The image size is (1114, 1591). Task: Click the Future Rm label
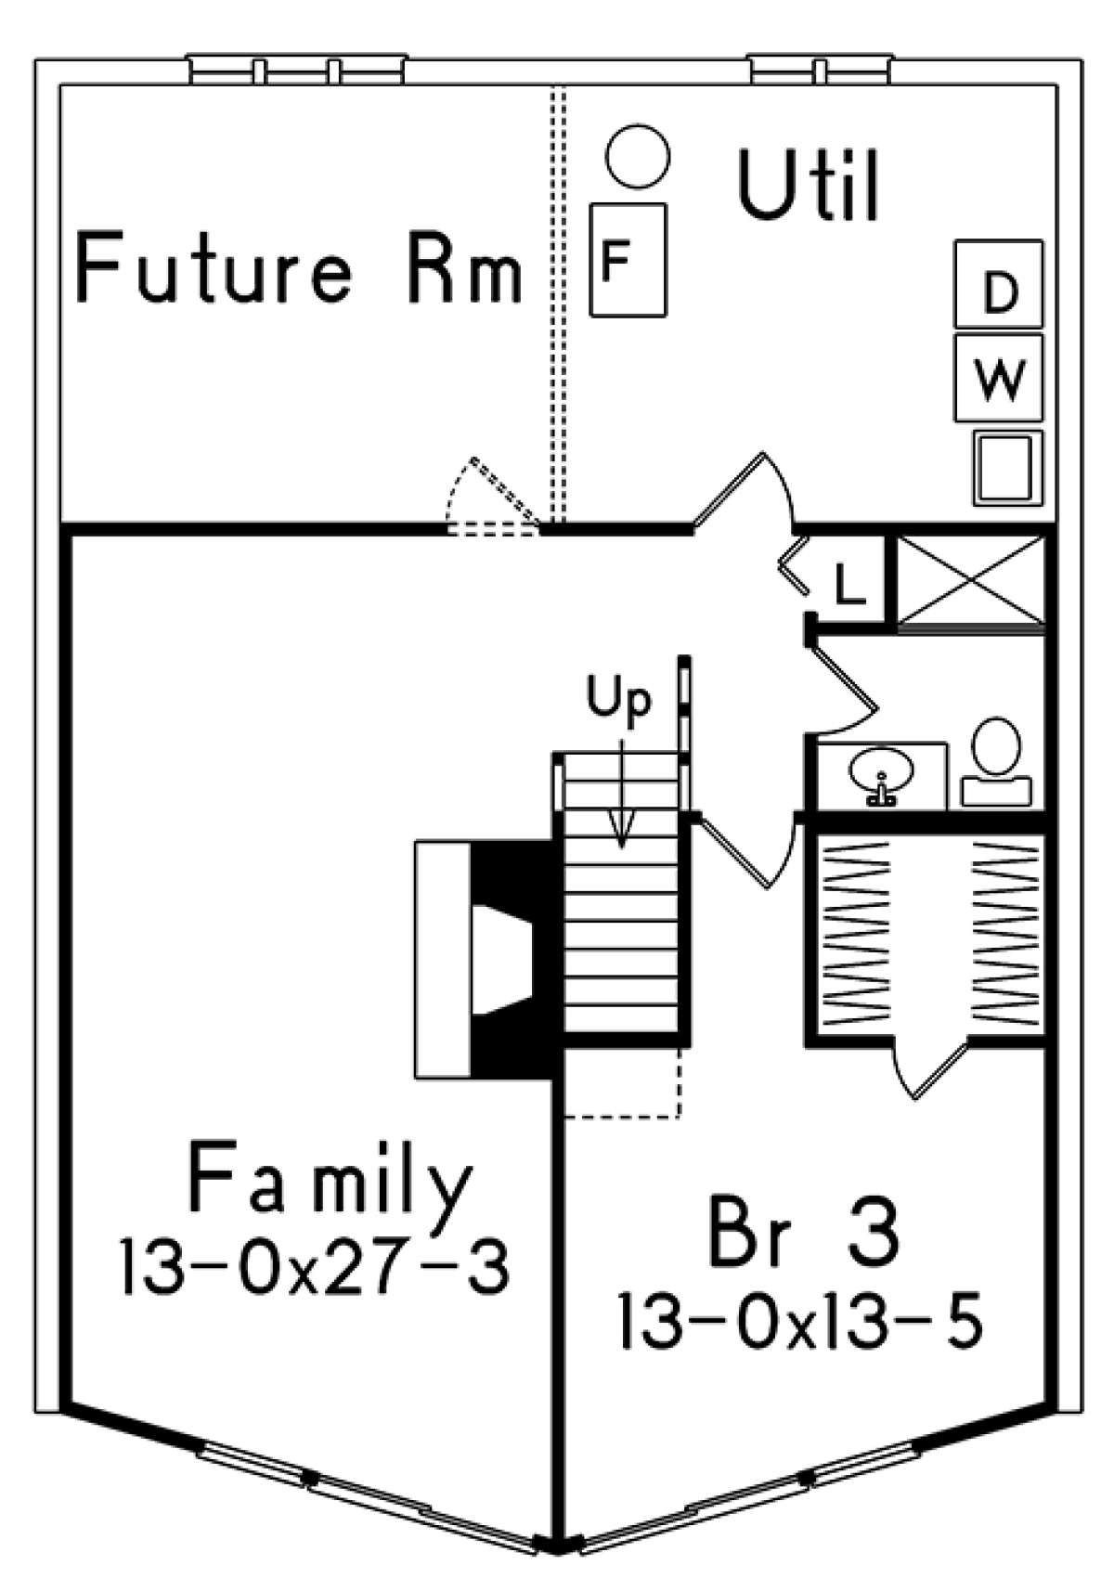pyautogui.click(x=299, y=268)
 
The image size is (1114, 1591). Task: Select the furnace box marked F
pyautogui.click(x=628, y=260)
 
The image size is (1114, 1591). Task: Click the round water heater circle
pyautogui.click(x=637, y=156)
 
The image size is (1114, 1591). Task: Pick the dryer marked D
pyautogui.click(x=999, y=284)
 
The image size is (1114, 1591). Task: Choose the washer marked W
pyautogui.click(x=999, y=378)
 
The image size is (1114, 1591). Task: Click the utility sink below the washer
pyautogui.click(x=1006, y=468)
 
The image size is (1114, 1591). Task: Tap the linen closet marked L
pyautogui.click(x=848, y=583)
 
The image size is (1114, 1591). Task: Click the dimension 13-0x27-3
pyautogui.click(x=315, y=1268)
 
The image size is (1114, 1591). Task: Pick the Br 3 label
pyautogui.click(x=803, y=1232)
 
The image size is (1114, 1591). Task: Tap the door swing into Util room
pyautogui.click(x=747, y=492)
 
